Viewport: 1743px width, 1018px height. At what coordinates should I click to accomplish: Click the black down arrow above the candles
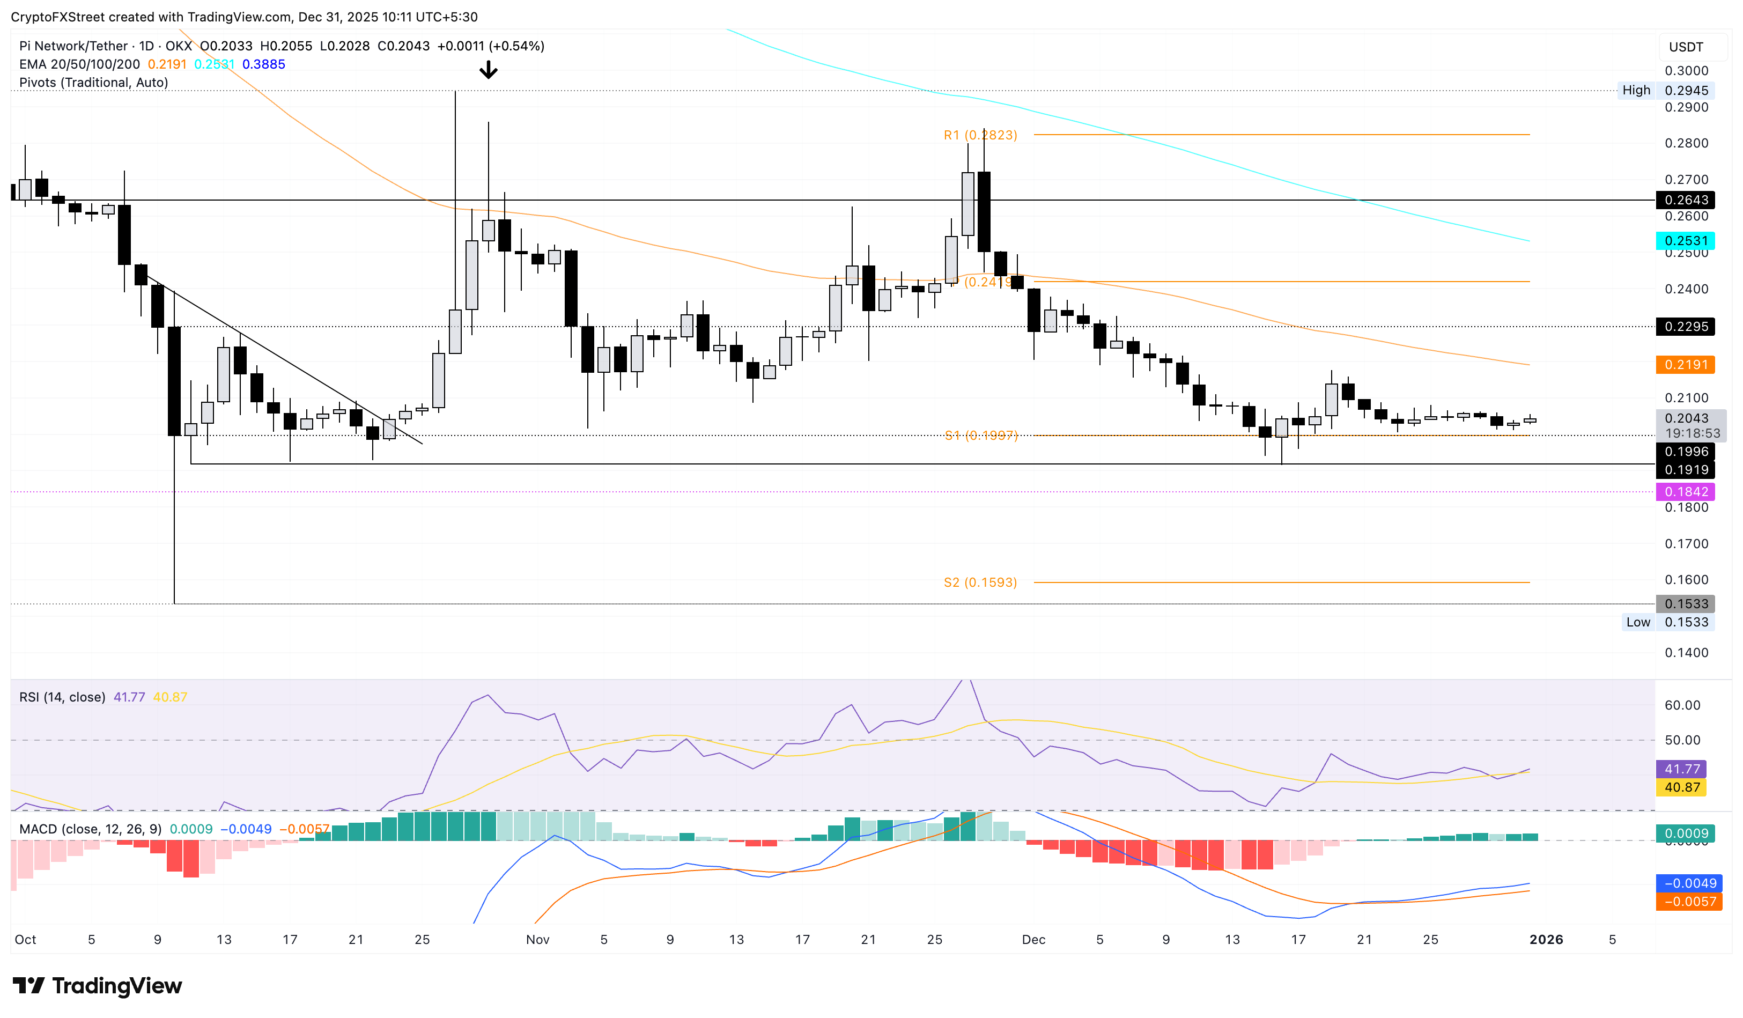tap(489, 69)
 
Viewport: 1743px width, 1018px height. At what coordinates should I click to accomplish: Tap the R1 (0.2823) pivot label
tap(980, 135)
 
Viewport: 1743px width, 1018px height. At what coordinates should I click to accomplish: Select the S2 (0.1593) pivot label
tap(980, 582)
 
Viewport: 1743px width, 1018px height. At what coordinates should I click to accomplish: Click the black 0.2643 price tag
tap(1686, 200)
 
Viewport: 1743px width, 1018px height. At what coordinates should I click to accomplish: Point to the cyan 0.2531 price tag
tap(1686, 241)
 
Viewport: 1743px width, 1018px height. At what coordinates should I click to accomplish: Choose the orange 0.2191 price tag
tap(1686, 365)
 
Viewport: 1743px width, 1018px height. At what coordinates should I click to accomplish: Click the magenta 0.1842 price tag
tap(1686, 492)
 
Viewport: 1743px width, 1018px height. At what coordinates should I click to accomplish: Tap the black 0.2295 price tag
tap(1686, 327)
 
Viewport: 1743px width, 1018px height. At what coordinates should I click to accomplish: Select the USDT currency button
tap(1686, 47)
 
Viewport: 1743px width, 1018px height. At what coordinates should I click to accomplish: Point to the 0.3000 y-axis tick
tap(1686, 71)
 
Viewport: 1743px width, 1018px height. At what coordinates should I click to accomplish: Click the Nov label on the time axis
tap(537, 939)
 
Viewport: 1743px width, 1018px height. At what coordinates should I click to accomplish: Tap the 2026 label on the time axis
tap(1546, 939)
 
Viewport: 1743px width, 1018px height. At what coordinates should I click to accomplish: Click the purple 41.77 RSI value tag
tap(1681, 769)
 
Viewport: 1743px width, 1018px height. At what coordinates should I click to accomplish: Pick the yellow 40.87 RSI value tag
tap(1681, 787)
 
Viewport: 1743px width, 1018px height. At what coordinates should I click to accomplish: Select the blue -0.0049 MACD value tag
tap(1689, 883)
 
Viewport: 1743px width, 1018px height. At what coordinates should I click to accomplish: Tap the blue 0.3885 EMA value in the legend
tap(263, 64)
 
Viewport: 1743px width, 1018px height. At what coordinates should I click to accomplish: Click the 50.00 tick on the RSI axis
tap(1682, 740)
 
